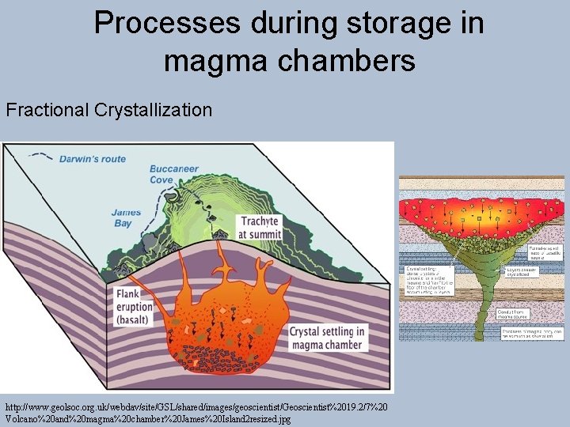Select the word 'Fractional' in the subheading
pos(47,110)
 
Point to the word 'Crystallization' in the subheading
pos(154,110)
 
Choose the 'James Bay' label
pos(127,218)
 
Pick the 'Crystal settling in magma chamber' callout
pos(327,338)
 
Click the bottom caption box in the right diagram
pos(530,334)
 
